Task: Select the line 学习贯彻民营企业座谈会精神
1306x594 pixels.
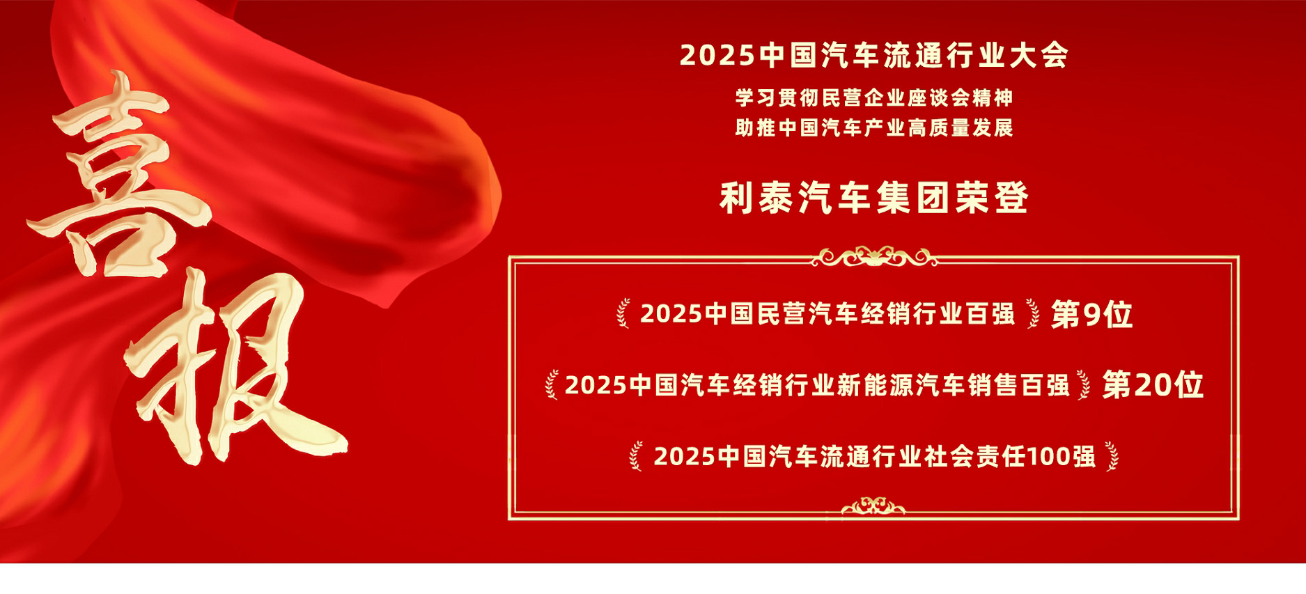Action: (x=874, y=98)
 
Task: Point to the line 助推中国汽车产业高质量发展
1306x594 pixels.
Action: (x=874, y=128)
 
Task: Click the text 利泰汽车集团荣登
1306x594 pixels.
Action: (x=874, y=198)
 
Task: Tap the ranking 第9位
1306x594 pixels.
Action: (x=1091, y=315)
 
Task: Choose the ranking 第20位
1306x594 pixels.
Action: (x=1153, y=385)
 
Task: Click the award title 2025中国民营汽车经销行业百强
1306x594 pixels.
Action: (x=827, y=314)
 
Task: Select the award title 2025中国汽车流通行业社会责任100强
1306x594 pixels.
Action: (x=875, y=457)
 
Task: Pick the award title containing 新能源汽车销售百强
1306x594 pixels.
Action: (x=817, y=385)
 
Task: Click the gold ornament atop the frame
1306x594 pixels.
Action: (x=874, y=257)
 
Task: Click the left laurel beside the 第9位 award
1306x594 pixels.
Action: (x=623, y=313)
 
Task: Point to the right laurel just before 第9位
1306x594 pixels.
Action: (x=1032, y=313)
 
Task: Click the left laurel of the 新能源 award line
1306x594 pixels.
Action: (x=552, y=385)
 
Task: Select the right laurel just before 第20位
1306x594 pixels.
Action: (x=1084, y=385)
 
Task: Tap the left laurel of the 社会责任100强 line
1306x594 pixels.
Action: (x=636, y=456)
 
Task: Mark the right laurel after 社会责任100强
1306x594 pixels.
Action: (x=1112, y=456)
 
